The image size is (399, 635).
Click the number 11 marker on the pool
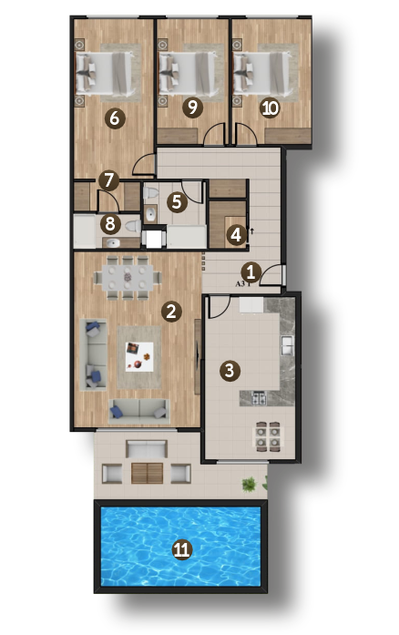[x=181, y=549]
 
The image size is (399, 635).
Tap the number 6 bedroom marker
[x=115, y=118]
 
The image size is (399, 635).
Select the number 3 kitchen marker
[x=230, y=371]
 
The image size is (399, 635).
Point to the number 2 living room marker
[x=171, y=312]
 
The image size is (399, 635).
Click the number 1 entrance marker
[x=251, y=272]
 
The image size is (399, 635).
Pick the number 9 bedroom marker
[x=192, y=108]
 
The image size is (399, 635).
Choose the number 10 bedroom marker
[x=271, y=108]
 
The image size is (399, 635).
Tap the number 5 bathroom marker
[x=177, y=201]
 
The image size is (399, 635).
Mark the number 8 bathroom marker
[x=110, y=224]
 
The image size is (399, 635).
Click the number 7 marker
[x=108, y=180]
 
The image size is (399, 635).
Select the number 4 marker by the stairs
[x=236, y=235]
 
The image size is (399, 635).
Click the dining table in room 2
[x=128, y=277]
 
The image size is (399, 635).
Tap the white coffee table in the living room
[x=139, y=357]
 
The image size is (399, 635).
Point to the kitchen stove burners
[x=260, y=398]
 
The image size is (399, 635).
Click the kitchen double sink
[x=287, y=346]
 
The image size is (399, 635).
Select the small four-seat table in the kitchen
[x=268, y=436]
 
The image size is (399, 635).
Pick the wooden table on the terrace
[x=147, y=474]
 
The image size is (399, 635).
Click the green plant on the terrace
[x=249, y=485]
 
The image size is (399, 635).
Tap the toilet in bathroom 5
[x=150, y=193]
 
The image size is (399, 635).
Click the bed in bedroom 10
[x=262, y=75]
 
